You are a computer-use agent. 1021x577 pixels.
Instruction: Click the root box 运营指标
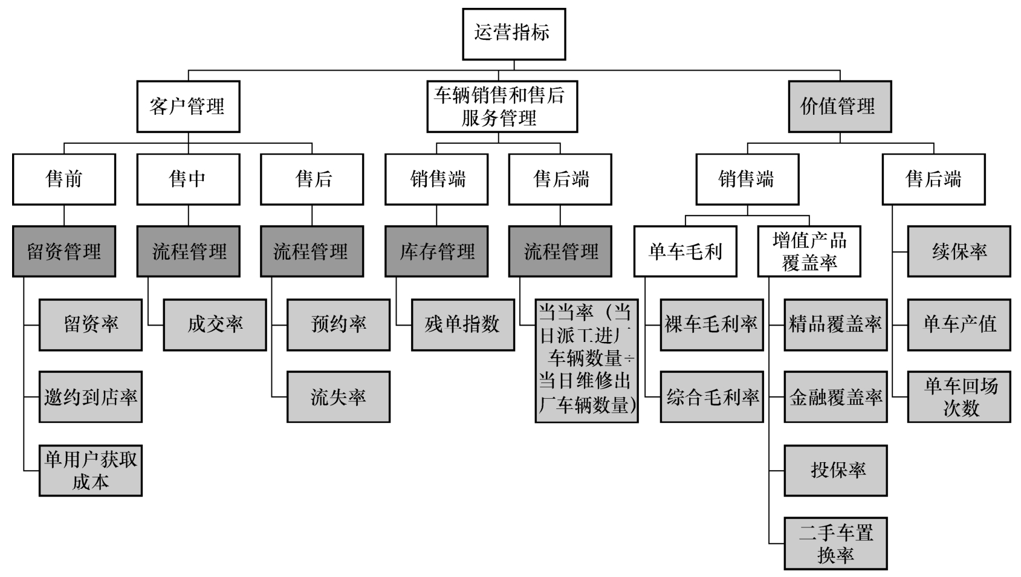[514, 34]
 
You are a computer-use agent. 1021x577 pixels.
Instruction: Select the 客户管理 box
[188, 106]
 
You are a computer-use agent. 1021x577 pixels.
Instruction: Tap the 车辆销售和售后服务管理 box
[502, 106]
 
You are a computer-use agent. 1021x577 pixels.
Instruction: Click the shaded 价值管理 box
[840, 106]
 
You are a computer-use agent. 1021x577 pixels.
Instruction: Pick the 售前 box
[64, 179]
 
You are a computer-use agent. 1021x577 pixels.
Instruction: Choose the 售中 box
[188, 179]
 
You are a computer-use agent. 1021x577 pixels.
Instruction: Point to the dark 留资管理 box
[64, 251]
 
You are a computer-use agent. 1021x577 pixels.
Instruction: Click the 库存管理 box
[436, 251]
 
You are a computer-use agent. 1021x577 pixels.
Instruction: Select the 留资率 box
[91, 324]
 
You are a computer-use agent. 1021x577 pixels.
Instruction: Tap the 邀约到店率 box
[91, 397]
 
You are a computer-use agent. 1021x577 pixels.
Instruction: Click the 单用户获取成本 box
[91, 470]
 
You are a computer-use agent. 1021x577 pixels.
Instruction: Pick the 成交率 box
[215, 324]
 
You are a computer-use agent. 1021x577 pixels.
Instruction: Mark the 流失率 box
[339, 397]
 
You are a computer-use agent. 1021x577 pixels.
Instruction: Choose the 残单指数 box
[463, 324]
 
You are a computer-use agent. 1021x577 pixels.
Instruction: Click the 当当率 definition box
[586, 360]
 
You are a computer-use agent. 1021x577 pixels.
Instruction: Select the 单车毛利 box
[685, 251]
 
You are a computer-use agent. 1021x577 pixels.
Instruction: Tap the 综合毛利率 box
[711, 397]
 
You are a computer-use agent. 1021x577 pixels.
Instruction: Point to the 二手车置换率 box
[835, 543]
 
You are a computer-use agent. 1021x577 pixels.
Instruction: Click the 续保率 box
[959, 251]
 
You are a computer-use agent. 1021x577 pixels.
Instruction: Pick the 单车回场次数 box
[959, 397]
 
